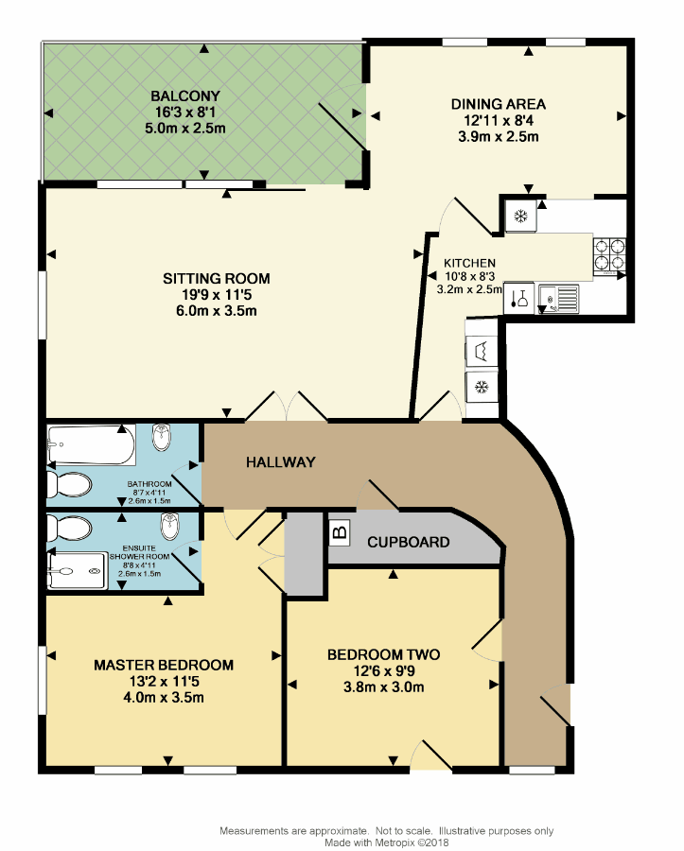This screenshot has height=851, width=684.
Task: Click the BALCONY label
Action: pyautogui.click(x=185, y=96)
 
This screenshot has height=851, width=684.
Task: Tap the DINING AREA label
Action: pyautogui.click(x=499, y=104)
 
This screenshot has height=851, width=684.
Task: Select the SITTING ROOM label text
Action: pyautogui.click(x=217, y=279)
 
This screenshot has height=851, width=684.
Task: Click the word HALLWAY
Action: pyautogui.click(x=281, y=462)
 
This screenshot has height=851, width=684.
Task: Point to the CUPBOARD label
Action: pyautogui.click(x=409, y=542)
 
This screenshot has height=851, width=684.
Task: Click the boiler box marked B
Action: pyautogui.click(x=340, y=532)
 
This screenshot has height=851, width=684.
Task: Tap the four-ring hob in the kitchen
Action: pyautogui.click(x=609, y=255)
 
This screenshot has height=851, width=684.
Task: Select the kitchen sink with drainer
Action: pyautogui.click(x=558, y=299)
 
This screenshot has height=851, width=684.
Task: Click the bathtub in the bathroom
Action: pyautogui.click(x=91, y=445)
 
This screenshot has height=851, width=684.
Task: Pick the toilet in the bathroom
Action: pyautogui.click(x=69, y=485)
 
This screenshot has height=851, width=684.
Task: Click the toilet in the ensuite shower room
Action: pyautogui.click(x=69, y=528)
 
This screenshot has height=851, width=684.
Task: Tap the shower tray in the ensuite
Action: pyautogui.click(x=77, y=571)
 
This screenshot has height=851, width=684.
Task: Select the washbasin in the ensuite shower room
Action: pyautogui.click(x=169, y=527)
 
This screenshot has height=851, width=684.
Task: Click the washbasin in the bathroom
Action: pyautogui.click(x=161, y=438)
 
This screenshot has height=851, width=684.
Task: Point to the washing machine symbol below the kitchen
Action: pyautogui.click(x=482, y=352)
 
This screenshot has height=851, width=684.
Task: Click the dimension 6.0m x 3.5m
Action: pyautogui.click(x=217, y=311)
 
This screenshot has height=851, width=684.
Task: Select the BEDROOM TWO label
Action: pyautogui.click(x=384, y=655)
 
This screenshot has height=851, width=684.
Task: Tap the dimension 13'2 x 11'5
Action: pyautogui.click(x=164, y=682)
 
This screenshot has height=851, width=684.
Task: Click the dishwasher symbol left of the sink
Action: pyautogui.click(x=519, y=298)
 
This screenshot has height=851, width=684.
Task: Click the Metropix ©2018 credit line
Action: pyautogui.click(x=387, y=842)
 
